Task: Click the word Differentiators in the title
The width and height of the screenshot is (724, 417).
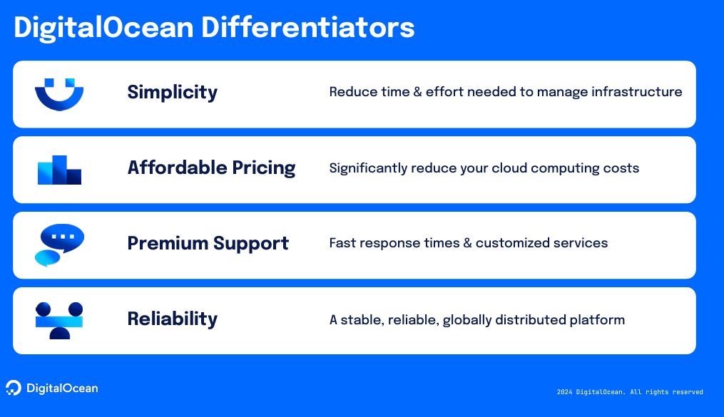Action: [307, 27]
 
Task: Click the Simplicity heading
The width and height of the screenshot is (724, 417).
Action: [172, 93]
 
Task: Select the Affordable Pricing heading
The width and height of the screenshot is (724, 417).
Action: [211, 168]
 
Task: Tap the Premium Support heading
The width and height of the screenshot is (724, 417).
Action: [208, 244]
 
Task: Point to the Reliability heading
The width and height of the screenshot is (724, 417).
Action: [172, 319]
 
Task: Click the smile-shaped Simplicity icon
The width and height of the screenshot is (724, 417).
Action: [59, 101]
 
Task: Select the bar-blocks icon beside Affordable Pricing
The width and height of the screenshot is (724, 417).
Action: [60, 170]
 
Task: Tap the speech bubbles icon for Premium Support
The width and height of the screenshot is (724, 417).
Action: [60, 245]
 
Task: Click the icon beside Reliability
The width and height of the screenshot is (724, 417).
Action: [59, 321]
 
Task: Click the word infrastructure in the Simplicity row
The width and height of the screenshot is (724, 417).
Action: [637, 92]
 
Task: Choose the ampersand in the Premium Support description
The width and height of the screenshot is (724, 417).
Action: [467, 243]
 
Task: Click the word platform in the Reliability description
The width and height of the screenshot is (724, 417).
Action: [597, 320]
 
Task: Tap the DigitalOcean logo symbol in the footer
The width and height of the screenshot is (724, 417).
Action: [14, 388]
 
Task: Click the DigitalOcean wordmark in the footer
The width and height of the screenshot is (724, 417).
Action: [62, 388]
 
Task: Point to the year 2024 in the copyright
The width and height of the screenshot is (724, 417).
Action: [564, 392]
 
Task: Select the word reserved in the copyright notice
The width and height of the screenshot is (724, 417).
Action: [688, 392]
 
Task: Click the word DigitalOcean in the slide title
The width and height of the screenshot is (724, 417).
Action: [104, 27]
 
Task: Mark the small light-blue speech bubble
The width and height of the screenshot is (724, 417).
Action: [48, 258]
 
